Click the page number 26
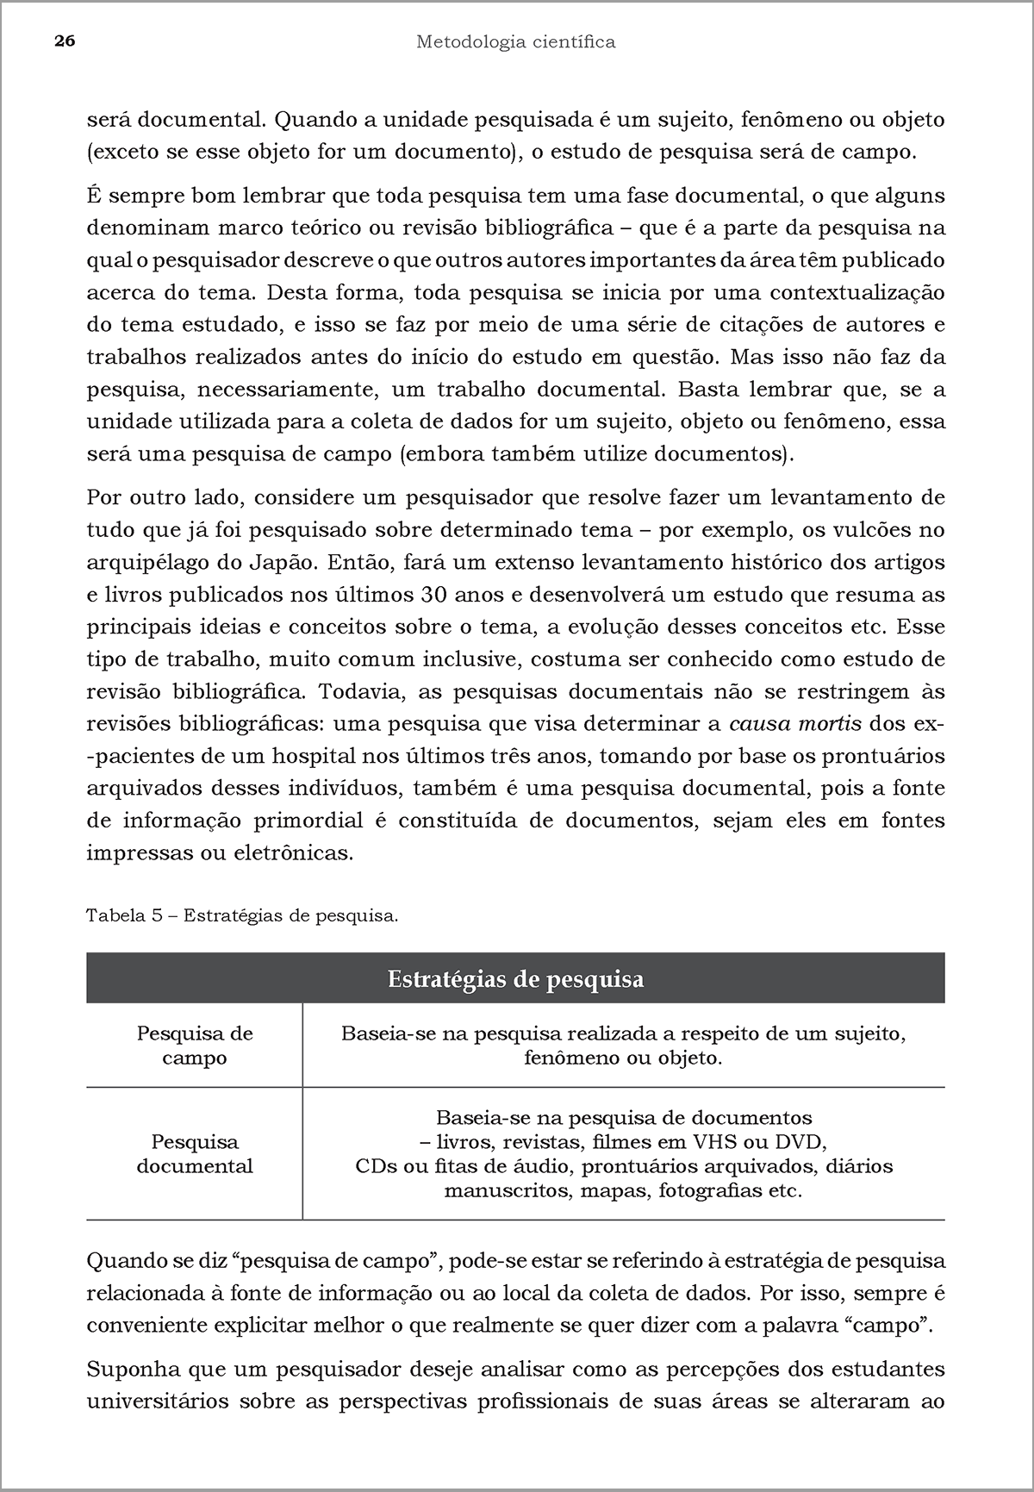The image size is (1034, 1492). pos(65,41)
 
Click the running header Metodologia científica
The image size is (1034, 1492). pos(515,41)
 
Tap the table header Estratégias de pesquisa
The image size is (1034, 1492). pos(515,979)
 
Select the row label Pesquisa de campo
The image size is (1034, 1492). pos(195,1046)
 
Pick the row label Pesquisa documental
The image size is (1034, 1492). pos(195,1154)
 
